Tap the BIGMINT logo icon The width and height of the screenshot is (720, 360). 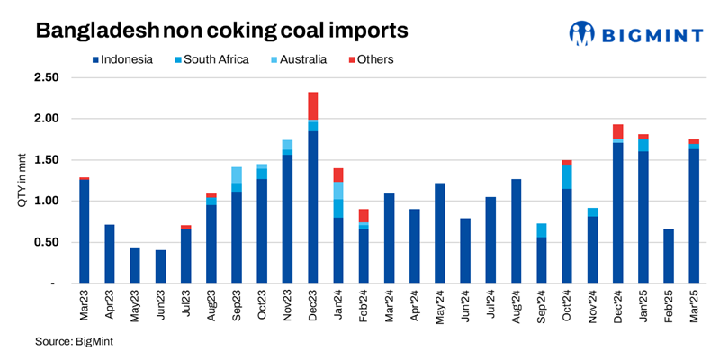pos(582,33)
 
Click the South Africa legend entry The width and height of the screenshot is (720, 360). pos(208,59)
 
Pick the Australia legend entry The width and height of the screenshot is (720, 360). pos(302,59)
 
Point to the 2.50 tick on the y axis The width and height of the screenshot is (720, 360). pos(46,78)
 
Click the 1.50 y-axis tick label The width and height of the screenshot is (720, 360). pos(46,160)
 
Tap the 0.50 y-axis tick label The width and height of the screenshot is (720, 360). pos(46,242)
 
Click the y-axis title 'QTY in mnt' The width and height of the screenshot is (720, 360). pos(22,180)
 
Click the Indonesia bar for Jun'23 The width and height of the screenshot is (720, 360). pos(159,266)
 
